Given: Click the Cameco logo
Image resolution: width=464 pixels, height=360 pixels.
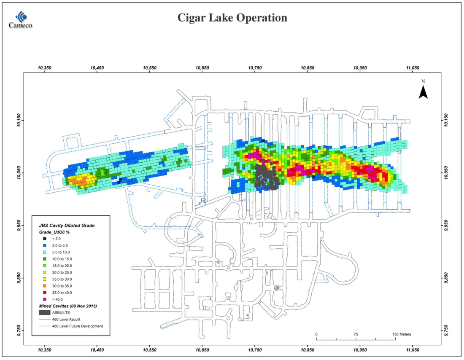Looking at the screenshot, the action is [20, 20].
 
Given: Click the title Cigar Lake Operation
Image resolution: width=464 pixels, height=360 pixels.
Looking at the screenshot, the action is [232, 18].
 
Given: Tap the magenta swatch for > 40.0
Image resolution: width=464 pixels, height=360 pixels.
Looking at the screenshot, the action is [45, 299].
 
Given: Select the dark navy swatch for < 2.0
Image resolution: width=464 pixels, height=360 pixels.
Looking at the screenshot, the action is [45, 239].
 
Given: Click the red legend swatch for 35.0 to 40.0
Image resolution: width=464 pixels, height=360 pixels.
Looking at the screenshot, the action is [45, 293].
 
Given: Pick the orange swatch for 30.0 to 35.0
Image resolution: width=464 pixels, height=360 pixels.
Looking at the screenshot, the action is [45, 286].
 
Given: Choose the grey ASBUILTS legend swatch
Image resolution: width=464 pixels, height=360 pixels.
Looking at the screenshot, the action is [44, 312].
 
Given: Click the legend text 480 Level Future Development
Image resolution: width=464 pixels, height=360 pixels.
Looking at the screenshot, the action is [78, 326].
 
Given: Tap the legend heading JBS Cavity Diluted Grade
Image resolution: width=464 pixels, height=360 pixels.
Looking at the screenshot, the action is [67, 226].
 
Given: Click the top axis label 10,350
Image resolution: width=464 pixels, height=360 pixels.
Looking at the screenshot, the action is [44, 68].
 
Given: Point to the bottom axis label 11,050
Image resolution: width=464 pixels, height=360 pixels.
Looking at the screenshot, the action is [413, 349].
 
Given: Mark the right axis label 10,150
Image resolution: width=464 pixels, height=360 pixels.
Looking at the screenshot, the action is [446, 120].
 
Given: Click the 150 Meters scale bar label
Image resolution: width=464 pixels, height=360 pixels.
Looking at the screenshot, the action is [402, 334].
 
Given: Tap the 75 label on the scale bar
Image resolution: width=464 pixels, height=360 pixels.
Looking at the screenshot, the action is [356, 334].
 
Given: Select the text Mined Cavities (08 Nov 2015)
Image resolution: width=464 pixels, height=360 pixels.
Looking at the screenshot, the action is [68, 306].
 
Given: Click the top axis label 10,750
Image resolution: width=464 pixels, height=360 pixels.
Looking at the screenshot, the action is [255, 68].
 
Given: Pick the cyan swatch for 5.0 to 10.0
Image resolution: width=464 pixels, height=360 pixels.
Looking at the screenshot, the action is [45, 253].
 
